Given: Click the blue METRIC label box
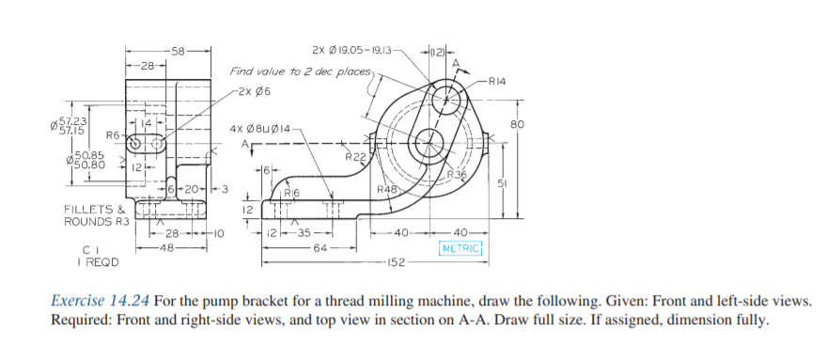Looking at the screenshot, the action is pyautogui.click(x=461, y=248).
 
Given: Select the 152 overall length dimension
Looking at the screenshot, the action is pyautogui.click(x=396, y=262).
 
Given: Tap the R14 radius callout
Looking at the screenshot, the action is pyautogui.click(x=497, y=81).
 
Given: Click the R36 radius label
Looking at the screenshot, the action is pyautogui.click(x=456, y=175).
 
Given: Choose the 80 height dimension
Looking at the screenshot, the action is pyautogui.click(x=517, y=124).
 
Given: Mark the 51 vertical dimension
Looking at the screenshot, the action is pyautogui.click(x=503, y=183).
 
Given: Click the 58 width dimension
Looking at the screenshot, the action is pyautogui.click(x=178, y=51).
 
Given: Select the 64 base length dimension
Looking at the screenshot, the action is pyautogui.click(x=319, y=247).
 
